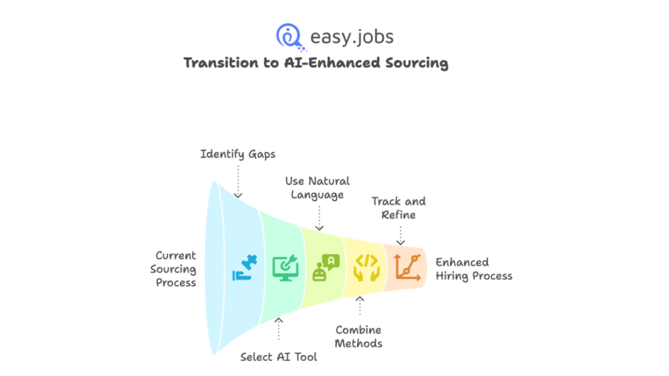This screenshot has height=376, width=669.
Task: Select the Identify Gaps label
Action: point(238,154)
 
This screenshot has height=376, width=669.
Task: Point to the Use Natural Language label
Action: point(318,187)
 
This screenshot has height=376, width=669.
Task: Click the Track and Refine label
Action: point(399,208)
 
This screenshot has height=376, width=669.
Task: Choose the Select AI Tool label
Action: point(279,356)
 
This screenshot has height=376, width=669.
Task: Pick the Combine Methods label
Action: point(359,337)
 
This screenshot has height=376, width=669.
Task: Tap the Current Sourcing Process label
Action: point(175,269)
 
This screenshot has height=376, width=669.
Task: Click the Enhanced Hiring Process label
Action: point(474,269)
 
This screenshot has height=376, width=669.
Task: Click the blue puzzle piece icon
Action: point(245,268)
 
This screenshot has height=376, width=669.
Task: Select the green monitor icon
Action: point(285,268)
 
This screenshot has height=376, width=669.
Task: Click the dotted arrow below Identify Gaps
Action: point(238,181)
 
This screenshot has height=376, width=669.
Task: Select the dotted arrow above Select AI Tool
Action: point(279,330)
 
